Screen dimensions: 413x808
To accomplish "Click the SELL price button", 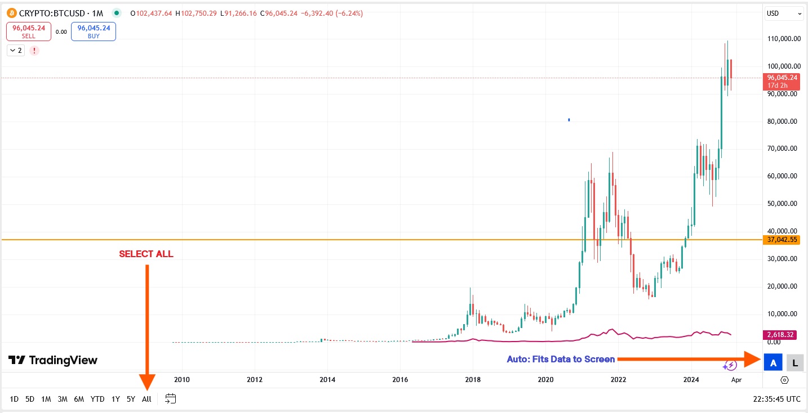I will (x=29, y=32).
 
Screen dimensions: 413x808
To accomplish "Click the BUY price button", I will (x=94, y=32).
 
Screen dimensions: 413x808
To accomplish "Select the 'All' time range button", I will (x=146, y=399).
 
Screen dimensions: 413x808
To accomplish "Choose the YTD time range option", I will (x=97, y=399).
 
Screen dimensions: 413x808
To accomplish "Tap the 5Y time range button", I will (x=131, y=399).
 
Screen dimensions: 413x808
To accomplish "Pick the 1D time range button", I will (x=14, y=399).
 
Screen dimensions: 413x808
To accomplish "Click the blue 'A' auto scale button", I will (x=773, y=363).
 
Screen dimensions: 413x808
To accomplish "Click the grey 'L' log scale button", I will (x=795, y=363).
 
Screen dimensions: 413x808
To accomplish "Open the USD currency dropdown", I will (x=784, y=14).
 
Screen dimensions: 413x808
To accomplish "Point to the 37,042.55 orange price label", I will (x=782, y=240).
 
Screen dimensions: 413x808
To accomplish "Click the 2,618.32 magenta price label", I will (x=780, y=335).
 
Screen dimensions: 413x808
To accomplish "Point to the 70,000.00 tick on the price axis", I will (x=782, y=149).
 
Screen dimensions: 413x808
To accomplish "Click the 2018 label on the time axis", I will (x=473, y=380).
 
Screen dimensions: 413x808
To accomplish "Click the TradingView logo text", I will (x=54, y=360).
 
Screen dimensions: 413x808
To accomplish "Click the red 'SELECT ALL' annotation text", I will (x=146, y=254).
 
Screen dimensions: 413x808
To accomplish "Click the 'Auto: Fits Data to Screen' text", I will (x=561, y=359).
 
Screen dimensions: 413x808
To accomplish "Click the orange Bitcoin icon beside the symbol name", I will (x=11, y=13).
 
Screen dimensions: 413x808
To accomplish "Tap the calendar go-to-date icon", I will (x=171, y=399).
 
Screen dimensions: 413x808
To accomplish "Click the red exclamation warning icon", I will (x=34, y=51).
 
